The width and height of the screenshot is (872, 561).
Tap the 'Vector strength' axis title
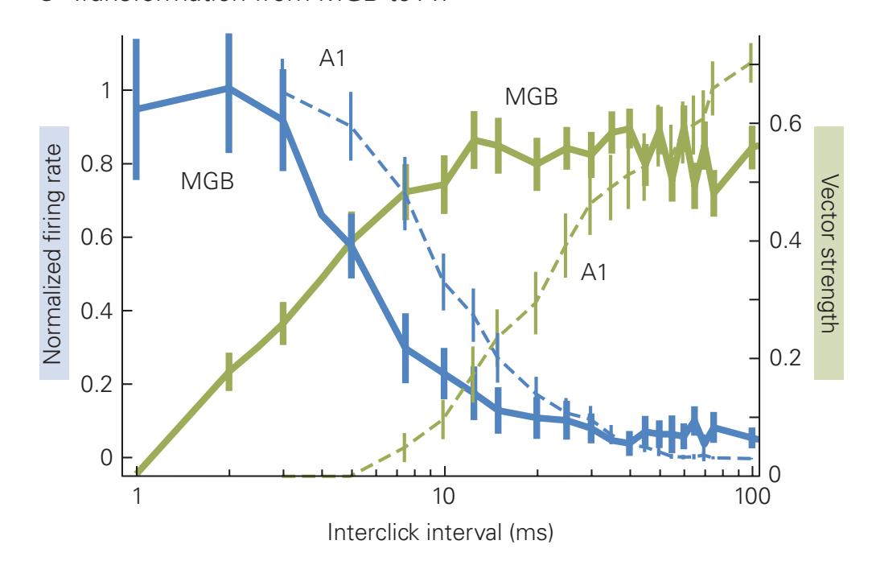point(829,254)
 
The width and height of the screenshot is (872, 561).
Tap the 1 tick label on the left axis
point(105,91)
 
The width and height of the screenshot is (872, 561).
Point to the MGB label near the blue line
point(207,182)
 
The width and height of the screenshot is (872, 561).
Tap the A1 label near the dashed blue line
point(332,58)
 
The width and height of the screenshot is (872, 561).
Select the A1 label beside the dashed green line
point(594,273)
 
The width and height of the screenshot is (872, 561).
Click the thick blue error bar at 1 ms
point(137,109)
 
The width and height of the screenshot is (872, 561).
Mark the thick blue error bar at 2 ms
point(228,93)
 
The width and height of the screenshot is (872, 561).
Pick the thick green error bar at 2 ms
point(228,372)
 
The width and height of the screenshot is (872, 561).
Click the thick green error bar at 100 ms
point(753,147)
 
